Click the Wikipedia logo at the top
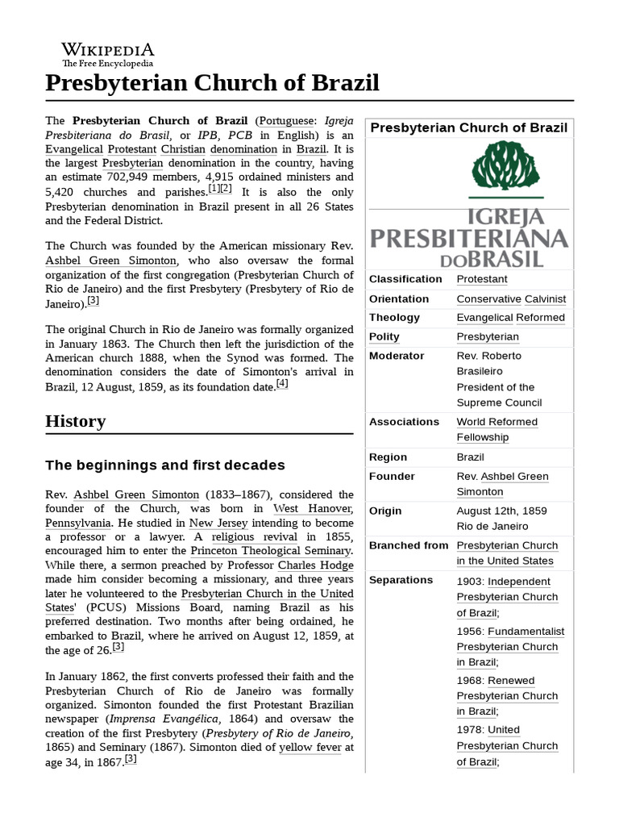pyautogui.click(x=108, y=53)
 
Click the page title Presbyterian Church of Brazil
pyautogui.click(x=212, y=83)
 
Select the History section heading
pyautogui.click(x=76, y=421)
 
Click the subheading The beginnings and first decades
pyautogui.click(x=165, y=465)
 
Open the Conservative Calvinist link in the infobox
pyautogui.click(x=511, y=298)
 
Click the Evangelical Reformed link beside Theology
pyautogui.click(x=510, y=318)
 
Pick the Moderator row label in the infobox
pyautogui.click(x=397, y=356)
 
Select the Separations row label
pyautogui.click(x=401, y=580)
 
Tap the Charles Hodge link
pyautogui.click(x=316, y=565)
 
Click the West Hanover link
pyautogui.click(x=313, y=508)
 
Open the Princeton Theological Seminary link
pyautogui.click(x=272, y=551)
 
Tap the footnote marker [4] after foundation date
pyautogui.click(x=281, y=384)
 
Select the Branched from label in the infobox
pyautogui.click(x=408, y=545)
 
